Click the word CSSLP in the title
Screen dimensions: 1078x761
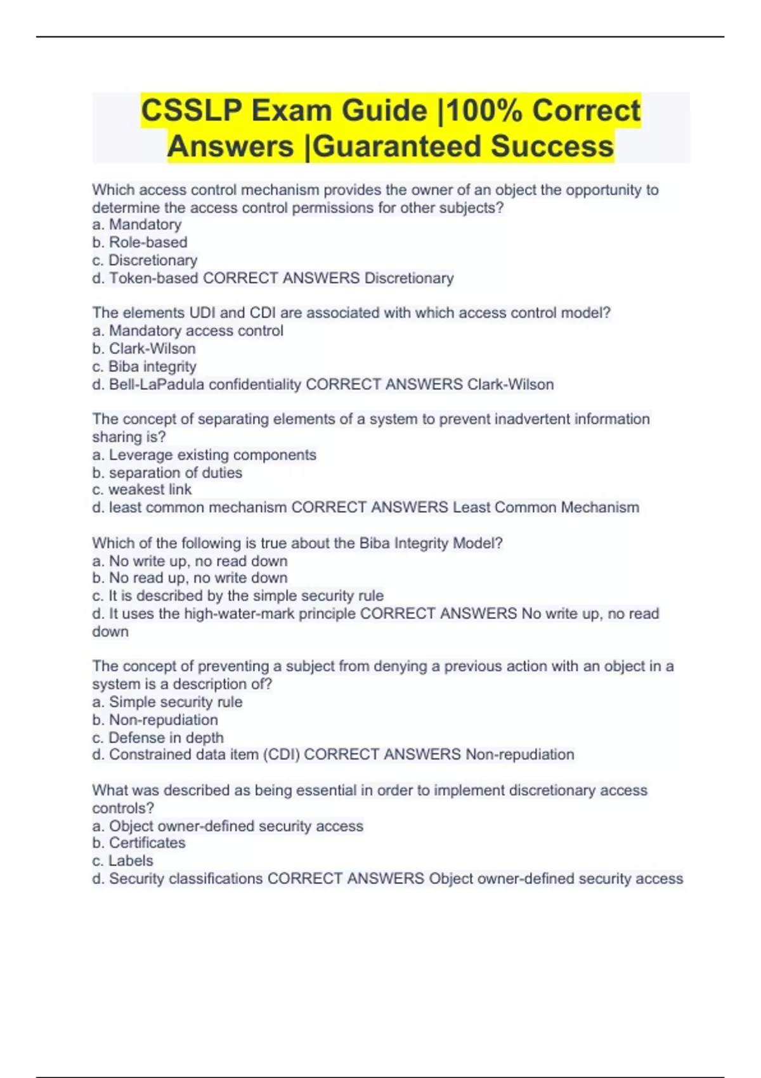coord(191,111)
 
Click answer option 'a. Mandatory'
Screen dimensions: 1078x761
coord(137,224)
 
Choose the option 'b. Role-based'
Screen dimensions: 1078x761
coord(140,242)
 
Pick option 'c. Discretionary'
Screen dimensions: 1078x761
coord(145,260)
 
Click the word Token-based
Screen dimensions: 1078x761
coord(153,278)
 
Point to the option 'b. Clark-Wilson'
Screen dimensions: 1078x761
coord(144,349)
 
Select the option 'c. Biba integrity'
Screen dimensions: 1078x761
coord(144,367)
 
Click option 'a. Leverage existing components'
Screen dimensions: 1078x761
coord(204,455)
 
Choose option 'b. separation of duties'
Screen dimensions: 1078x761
coord(167,472)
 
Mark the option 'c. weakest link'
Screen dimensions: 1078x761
coord(141,490)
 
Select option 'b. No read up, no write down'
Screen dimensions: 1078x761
coord(190,578)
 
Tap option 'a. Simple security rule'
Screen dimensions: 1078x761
coord(167,702)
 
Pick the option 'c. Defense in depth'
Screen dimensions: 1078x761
coord(158,737)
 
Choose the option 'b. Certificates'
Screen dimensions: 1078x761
coord(139,843)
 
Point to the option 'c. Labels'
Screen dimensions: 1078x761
coord(122,860)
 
